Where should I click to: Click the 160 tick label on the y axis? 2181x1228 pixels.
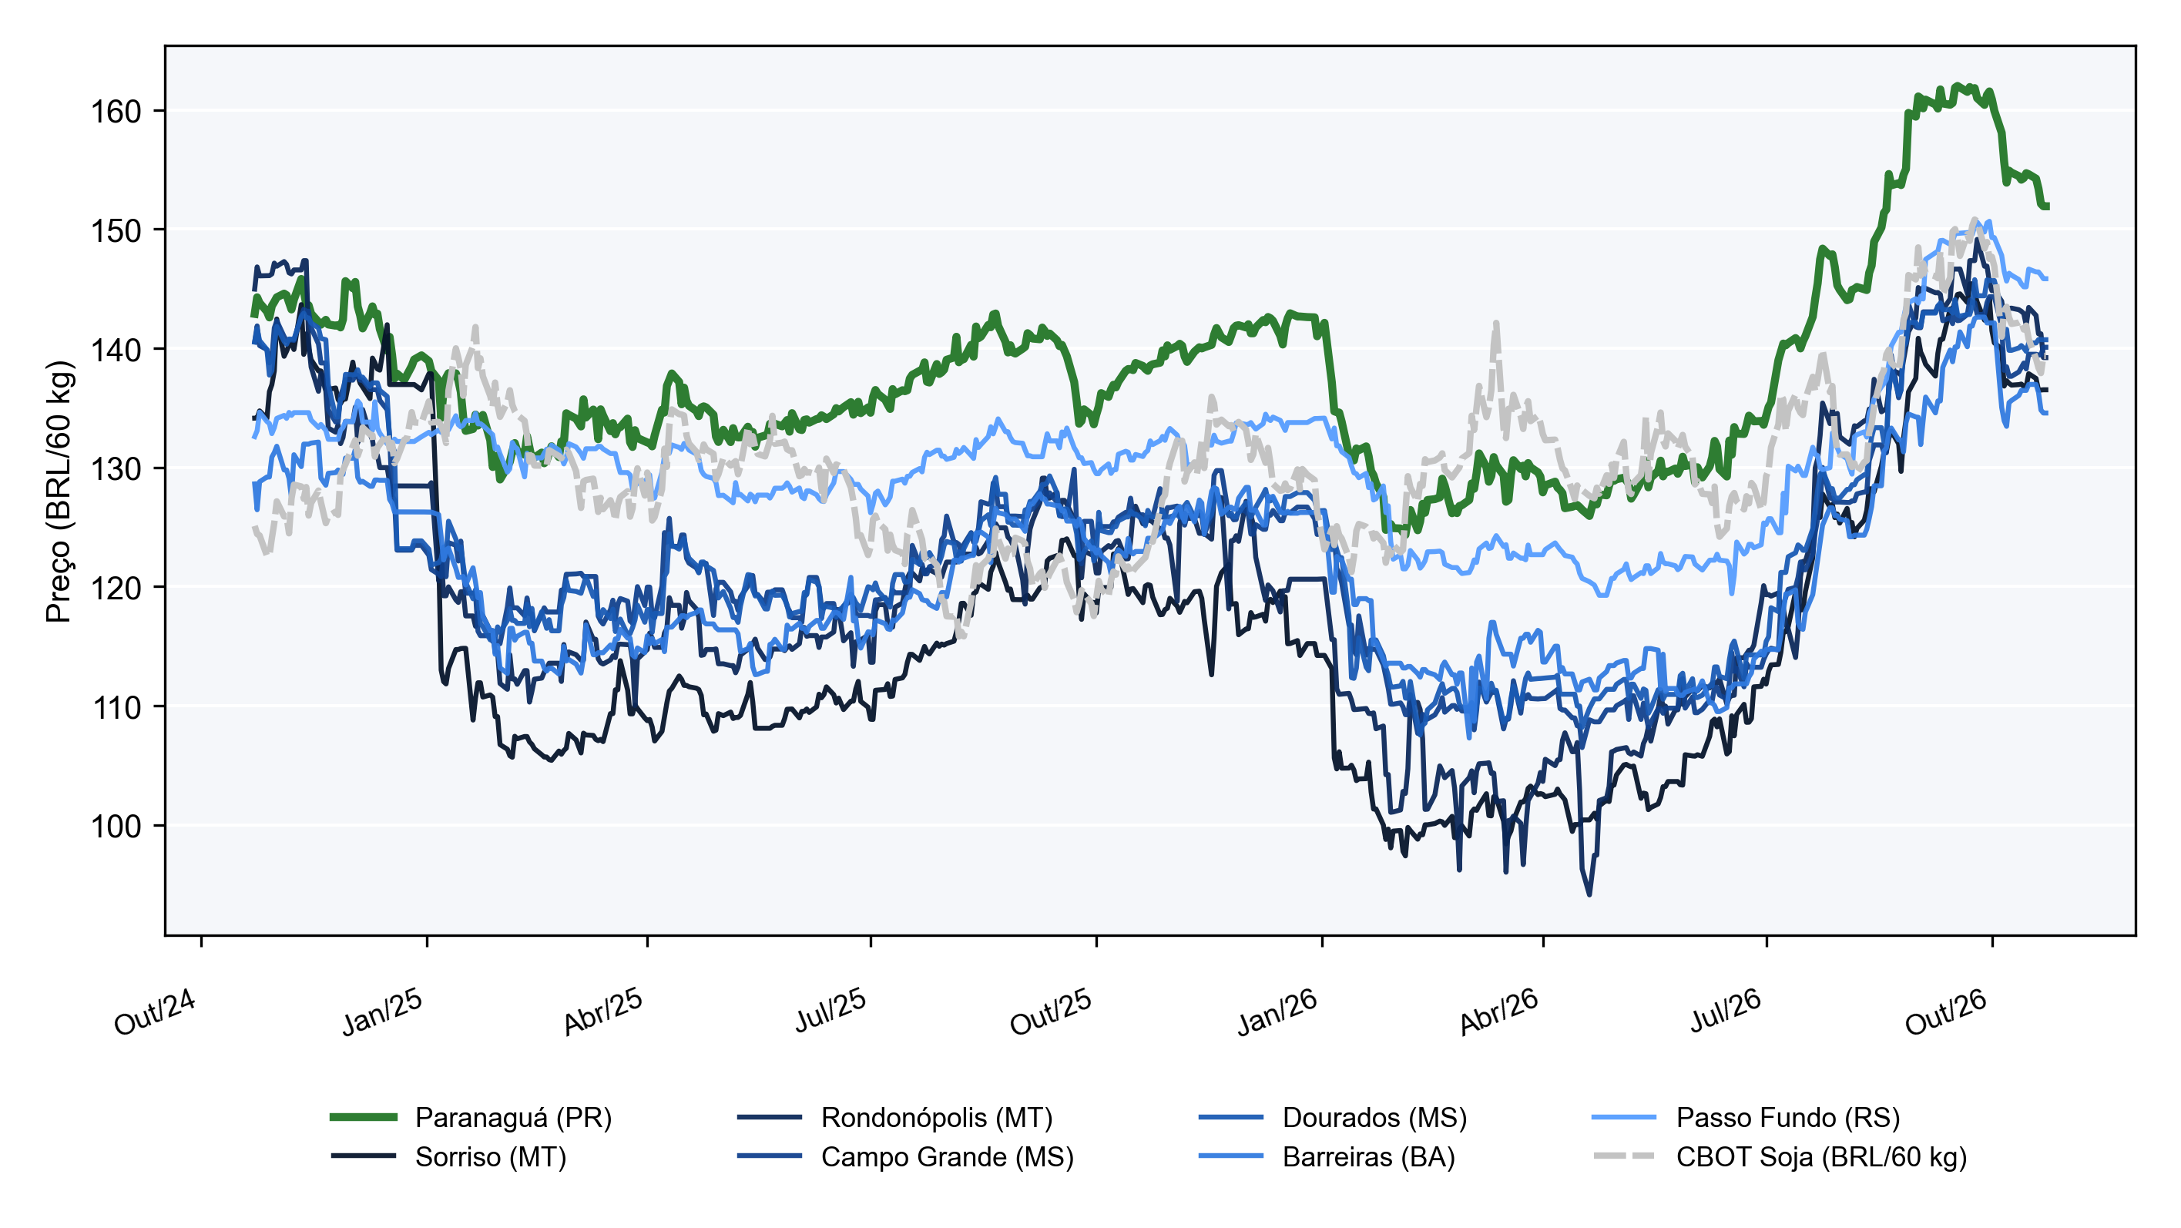116,112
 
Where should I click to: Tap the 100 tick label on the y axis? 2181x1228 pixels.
116,826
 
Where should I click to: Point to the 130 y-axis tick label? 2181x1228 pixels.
116,468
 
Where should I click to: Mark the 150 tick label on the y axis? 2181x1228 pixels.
116,230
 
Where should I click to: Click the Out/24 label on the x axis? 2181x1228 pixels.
155,1012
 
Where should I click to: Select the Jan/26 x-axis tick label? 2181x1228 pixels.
1277,1012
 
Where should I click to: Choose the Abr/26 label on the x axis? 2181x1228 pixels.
1498,1012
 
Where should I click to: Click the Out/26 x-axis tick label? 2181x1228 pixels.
1945,1012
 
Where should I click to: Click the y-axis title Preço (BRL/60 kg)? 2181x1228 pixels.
59,492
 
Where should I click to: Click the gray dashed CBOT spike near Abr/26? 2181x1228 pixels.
1496,323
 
